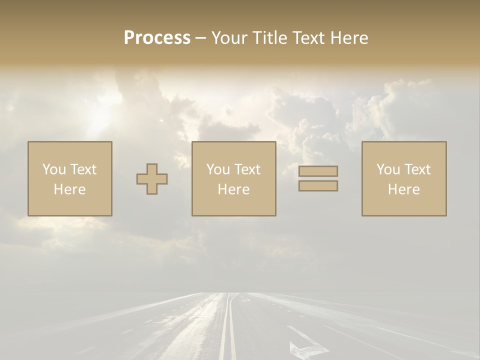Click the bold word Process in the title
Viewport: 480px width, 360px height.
157,38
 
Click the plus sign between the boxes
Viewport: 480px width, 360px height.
152,179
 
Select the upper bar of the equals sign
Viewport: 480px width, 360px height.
318,171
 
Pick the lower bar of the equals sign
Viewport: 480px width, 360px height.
318,185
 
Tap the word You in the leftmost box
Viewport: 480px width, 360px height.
54,169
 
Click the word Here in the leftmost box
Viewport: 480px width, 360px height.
69,189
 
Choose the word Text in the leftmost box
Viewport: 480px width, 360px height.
83,169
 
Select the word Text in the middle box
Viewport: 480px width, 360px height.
247,169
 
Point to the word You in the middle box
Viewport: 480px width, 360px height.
218,169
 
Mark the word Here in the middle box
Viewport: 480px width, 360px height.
233,189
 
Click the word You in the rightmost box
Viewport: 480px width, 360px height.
388,169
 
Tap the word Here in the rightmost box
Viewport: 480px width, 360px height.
403,189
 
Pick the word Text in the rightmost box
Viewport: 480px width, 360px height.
417,169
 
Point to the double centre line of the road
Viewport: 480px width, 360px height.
228,330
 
